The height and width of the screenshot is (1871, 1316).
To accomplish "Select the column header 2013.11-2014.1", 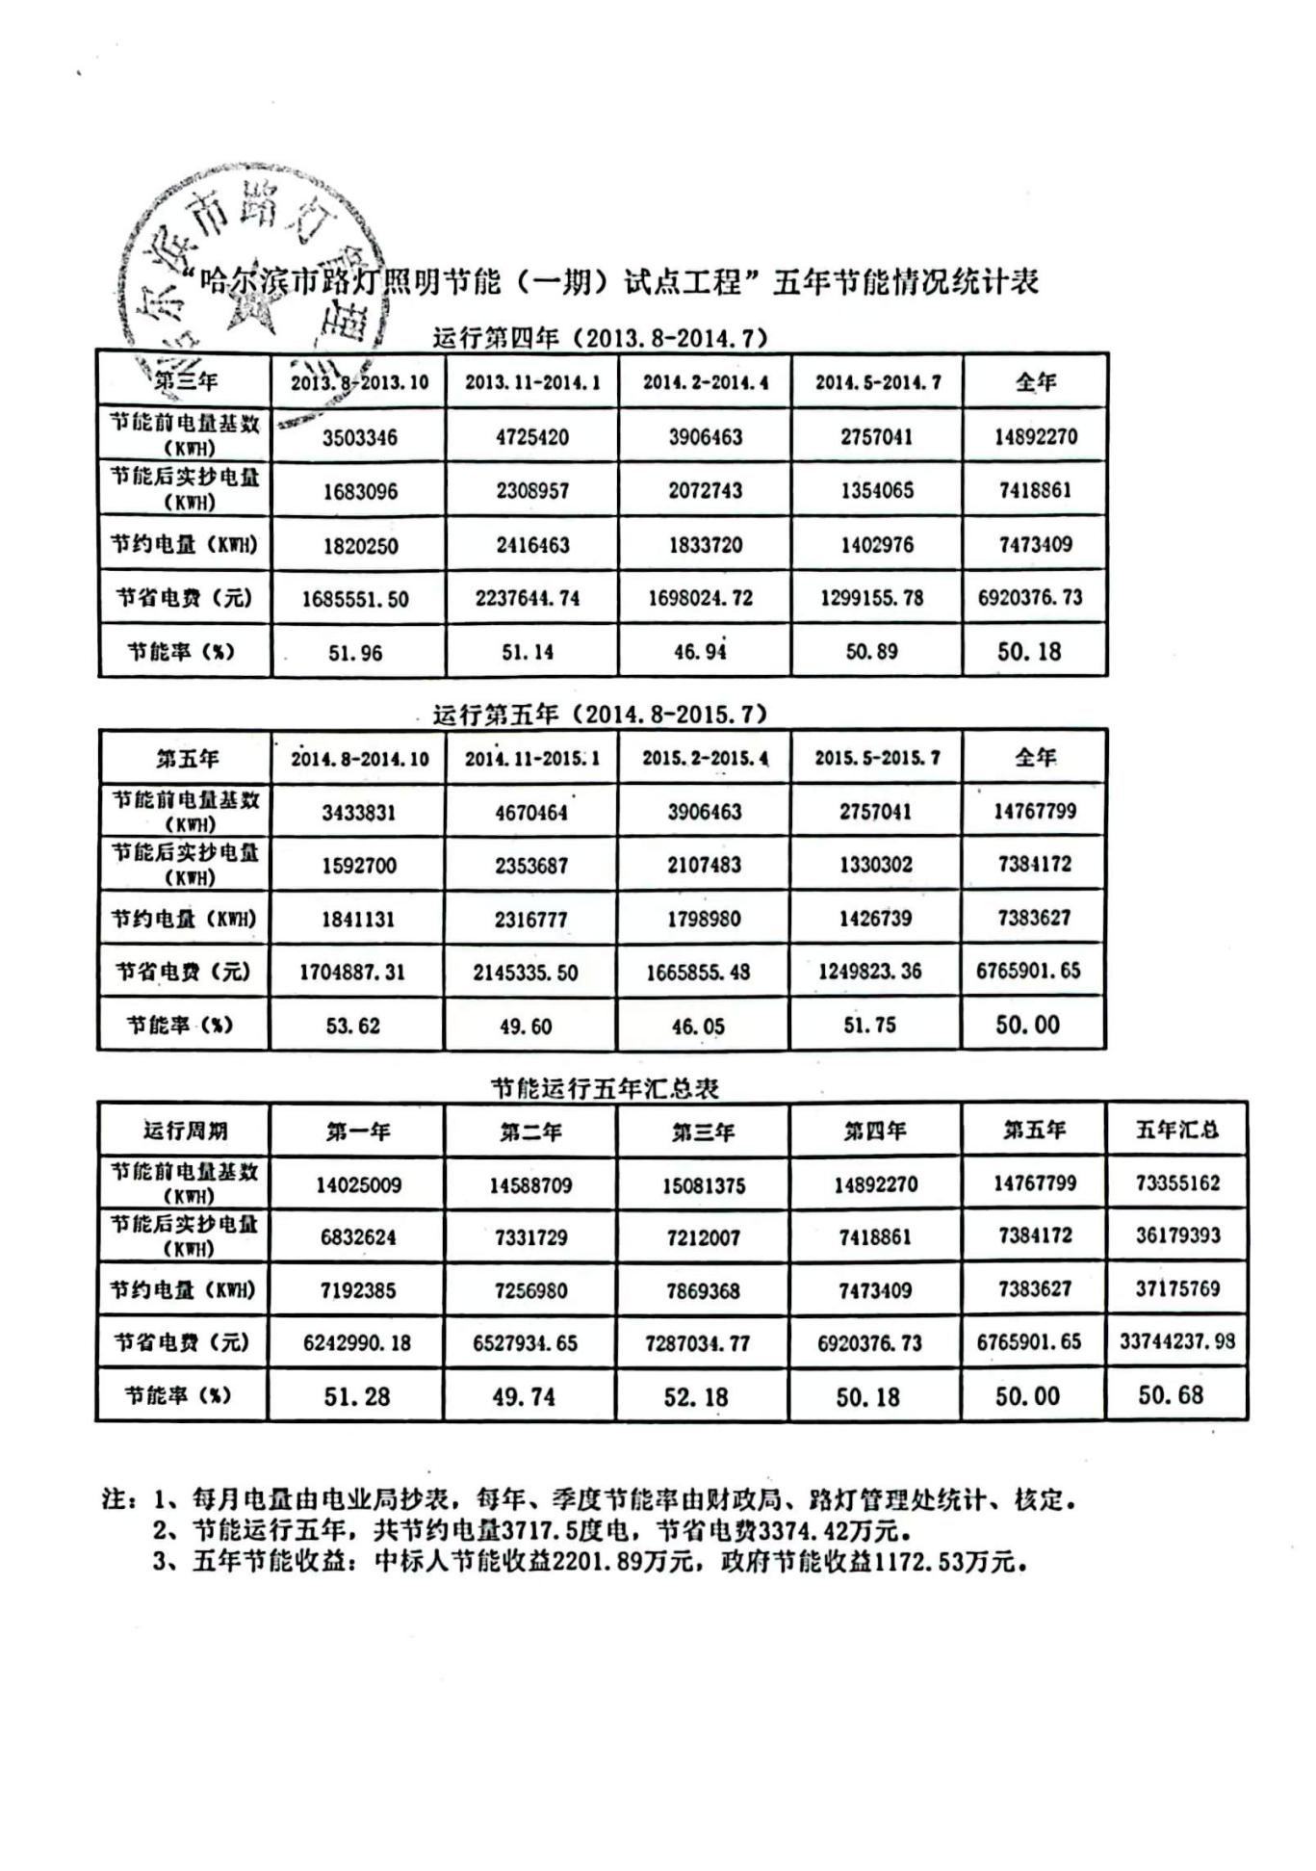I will pos(532,382).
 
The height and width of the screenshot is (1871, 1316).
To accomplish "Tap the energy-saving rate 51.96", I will pos(355,653).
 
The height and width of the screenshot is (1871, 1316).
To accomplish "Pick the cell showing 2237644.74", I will pos(528,599).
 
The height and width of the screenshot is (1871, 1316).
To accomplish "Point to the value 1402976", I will pos(876,545).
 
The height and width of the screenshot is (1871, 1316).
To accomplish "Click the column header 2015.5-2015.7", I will pos(877,758).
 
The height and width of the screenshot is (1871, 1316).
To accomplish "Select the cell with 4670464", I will pos(531,813).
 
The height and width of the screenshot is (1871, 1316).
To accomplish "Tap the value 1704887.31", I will pos(352,973).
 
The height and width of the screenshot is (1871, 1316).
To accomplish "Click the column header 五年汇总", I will pos(1176,1130).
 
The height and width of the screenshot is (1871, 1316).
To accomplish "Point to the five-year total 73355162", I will pos(1177,1183).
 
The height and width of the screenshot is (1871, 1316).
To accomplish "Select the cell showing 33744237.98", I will pos(1177,1341).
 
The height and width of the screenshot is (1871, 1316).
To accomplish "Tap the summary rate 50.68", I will pos(1171,1395).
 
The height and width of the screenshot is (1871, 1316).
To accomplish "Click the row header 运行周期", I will pos(186,1130).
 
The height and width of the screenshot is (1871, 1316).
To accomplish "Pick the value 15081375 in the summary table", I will pos(704,1185).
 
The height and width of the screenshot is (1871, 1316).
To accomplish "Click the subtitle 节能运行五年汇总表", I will pos(605,1089).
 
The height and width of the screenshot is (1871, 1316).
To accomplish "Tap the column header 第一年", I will pos(358,1131).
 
